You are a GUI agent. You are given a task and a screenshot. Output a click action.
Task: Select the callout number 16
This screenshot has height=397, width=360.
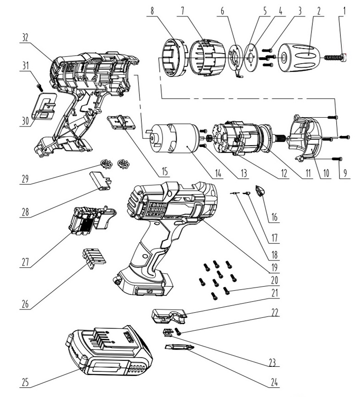[x=274, y=216]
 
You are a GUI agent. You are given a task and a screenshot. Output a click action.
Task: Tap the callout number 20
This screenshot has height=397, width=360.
[x=274, y=279]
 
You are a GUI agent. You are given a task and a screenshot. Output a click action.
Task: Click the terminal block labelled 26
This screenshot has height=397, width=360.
[x=93, y=258]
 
